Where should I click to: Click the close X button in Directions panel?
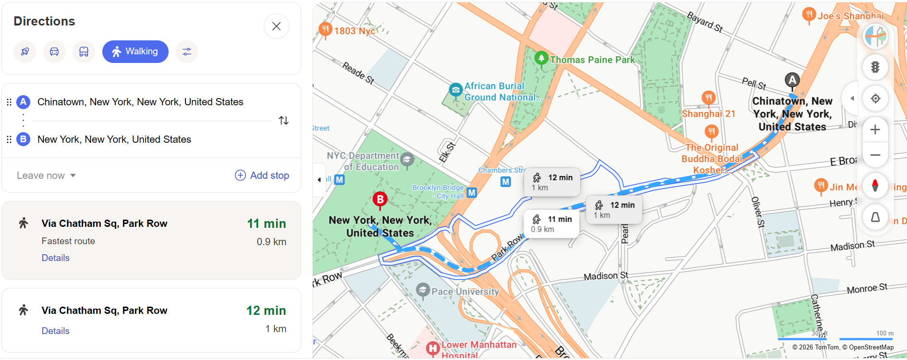[276, 26]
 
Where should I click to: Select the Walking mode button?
[135, 51]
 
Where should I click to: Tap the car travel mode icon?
[54, 51]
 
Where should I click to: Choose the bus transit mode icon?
[84, 51]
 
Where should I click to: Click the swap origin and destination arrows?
[283, 121]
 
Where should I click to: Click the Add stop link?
[262, 175]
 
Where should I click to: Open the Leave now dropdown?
[46, 175]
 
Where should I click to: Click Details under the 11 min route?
[55, 258]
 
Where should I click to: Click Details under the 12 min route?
[55, 331]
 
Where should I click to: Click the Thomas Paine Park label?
[592, 60]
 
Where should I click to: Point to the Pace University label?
[465, 292]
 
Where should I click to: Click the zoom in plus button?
[875, 130]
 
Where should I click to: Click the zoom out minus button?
[875, 155]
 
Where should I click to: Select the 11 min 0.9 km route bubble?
[551, 224]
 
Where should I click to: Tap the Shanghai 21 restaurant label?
[708, 114]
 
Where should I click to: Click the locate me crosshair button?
[875, 99]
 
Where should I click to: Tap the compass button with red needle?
[875, 186]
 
